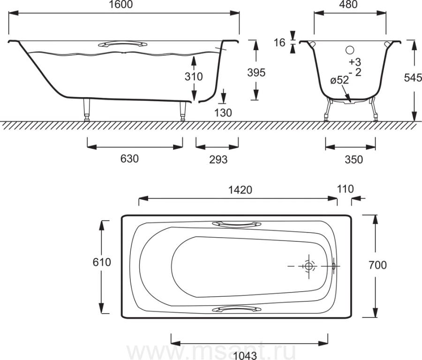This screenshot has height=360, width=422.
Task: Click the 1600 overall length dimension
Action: (121, 5)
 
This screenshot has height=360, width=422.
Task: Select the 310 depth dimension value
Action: (194, 77)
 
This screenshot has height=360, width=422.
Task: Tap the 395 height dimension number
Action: (256, 72)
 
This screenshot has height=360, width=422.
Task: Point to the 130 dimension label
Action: (223, 113)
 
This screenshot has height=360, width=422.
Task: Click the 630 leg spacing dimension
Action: (129, 159)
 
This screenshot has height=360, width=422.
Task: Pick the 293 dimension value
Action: (218, 159)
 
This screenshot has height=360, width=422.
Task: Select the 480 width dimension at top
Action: (348, 5)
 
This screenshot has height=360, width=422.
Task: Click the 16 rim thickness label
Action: (279, 43)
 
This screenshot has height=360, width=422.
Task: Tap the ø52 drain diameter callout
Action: (339, 80)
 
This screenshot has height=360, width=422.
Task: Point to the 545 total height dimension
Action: (413, 78)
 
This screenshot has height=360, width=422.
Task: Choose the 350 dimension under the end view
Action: (354, 159)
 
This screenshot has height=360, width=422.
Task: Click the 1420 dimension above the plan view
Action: (240, 190)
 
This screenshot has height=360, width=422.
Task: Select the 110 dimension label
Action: (345, 189)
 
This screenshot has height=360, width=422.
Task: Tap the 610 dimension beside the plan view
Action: (102, 262)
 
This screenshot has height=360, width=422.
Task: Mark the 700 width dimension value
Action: (377, 265)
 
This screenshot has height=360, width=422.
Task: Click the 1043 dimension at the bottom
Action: (245, 355)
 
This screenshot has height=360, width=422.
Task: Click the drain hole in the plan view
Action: (309, 266)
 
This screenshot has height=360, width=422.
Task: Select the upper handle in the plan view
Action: (237, 225)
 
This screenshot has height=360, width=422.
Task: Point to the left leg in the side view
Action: (87, 109)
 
